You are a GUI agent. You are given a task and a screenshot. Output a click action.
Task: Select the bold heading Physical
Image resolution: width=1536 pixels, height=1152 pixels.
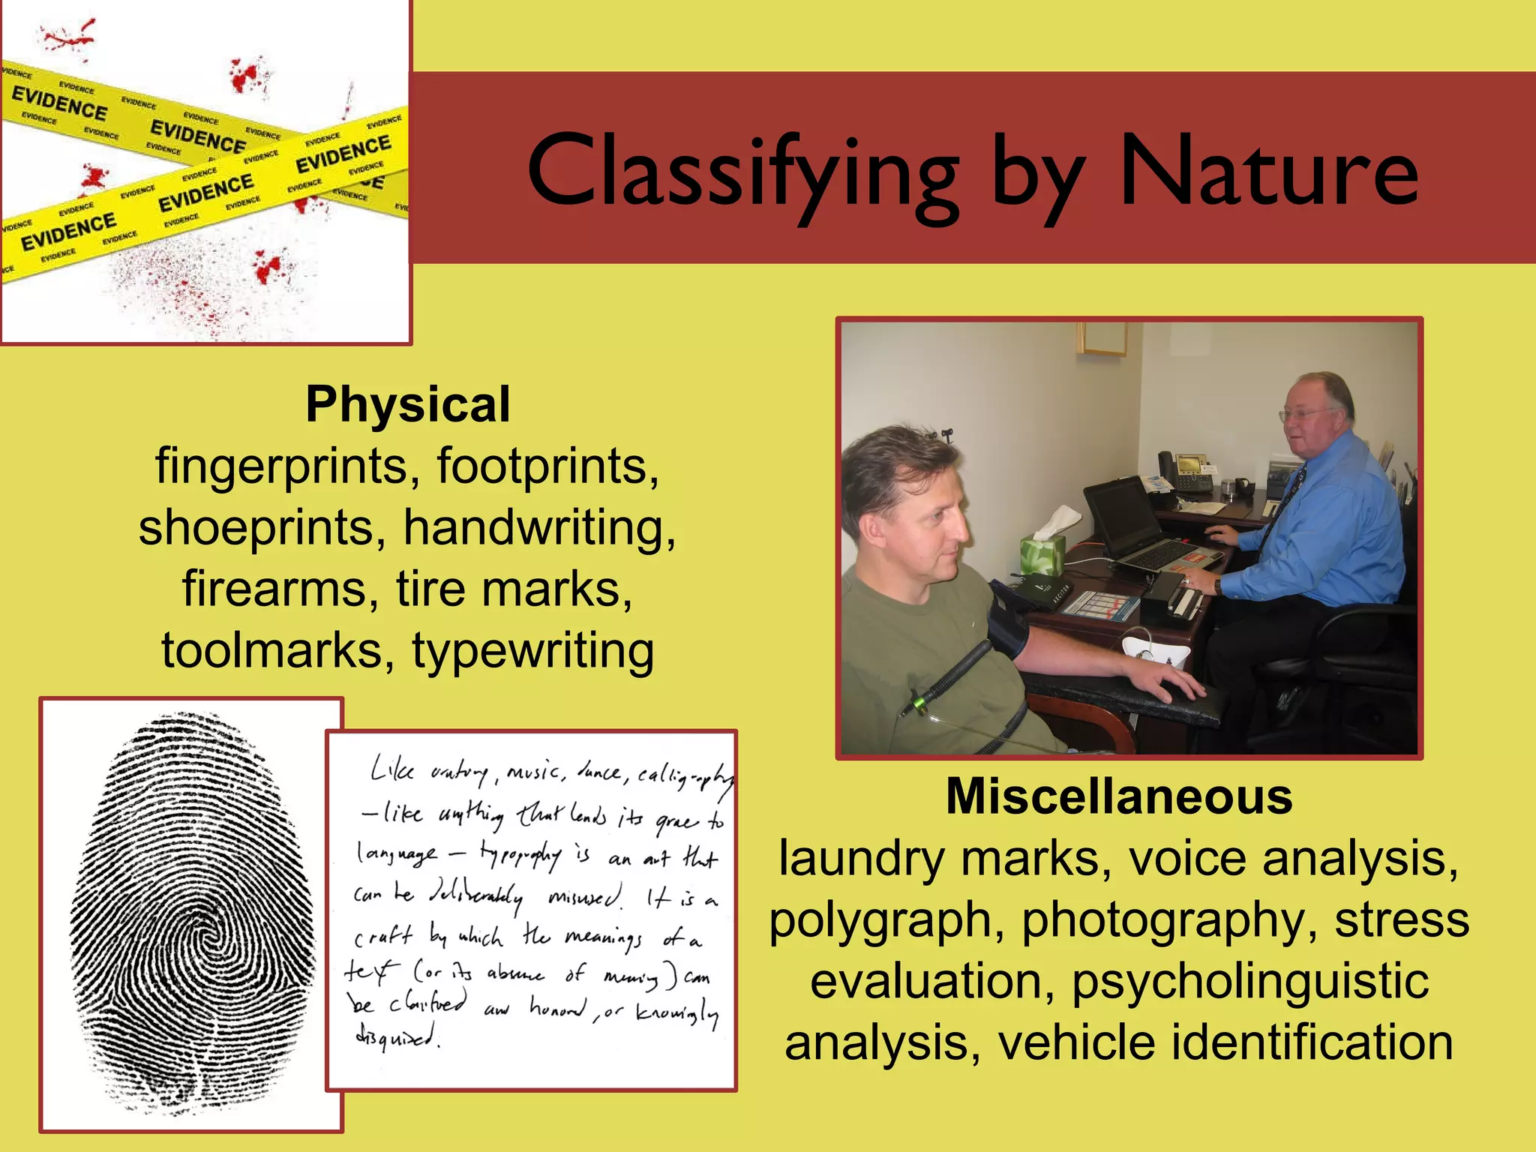click(x=408, y=405)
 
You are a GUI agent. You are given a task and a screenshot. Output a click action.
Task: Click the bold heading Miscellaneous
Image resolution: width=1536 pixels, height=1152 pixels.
click(x=1119, y=796)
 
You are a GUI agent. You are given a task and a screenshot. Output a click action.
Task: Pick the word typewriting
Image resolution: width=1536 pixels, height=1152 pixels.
click(x=533, y=651)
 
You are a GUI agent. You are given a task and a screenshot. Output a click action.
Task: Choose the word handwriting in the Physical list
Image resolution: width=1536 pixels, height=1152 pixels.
click(x=539, y=528)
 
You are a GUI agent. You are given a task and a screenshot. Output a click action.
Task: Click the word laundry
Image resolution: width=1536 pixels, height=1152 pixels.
click(x=862, y=859)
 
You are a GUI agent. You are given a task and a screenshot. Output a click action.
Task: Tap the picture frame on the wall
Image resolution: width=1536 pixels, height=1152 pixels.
click(x=1102, y=338)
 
